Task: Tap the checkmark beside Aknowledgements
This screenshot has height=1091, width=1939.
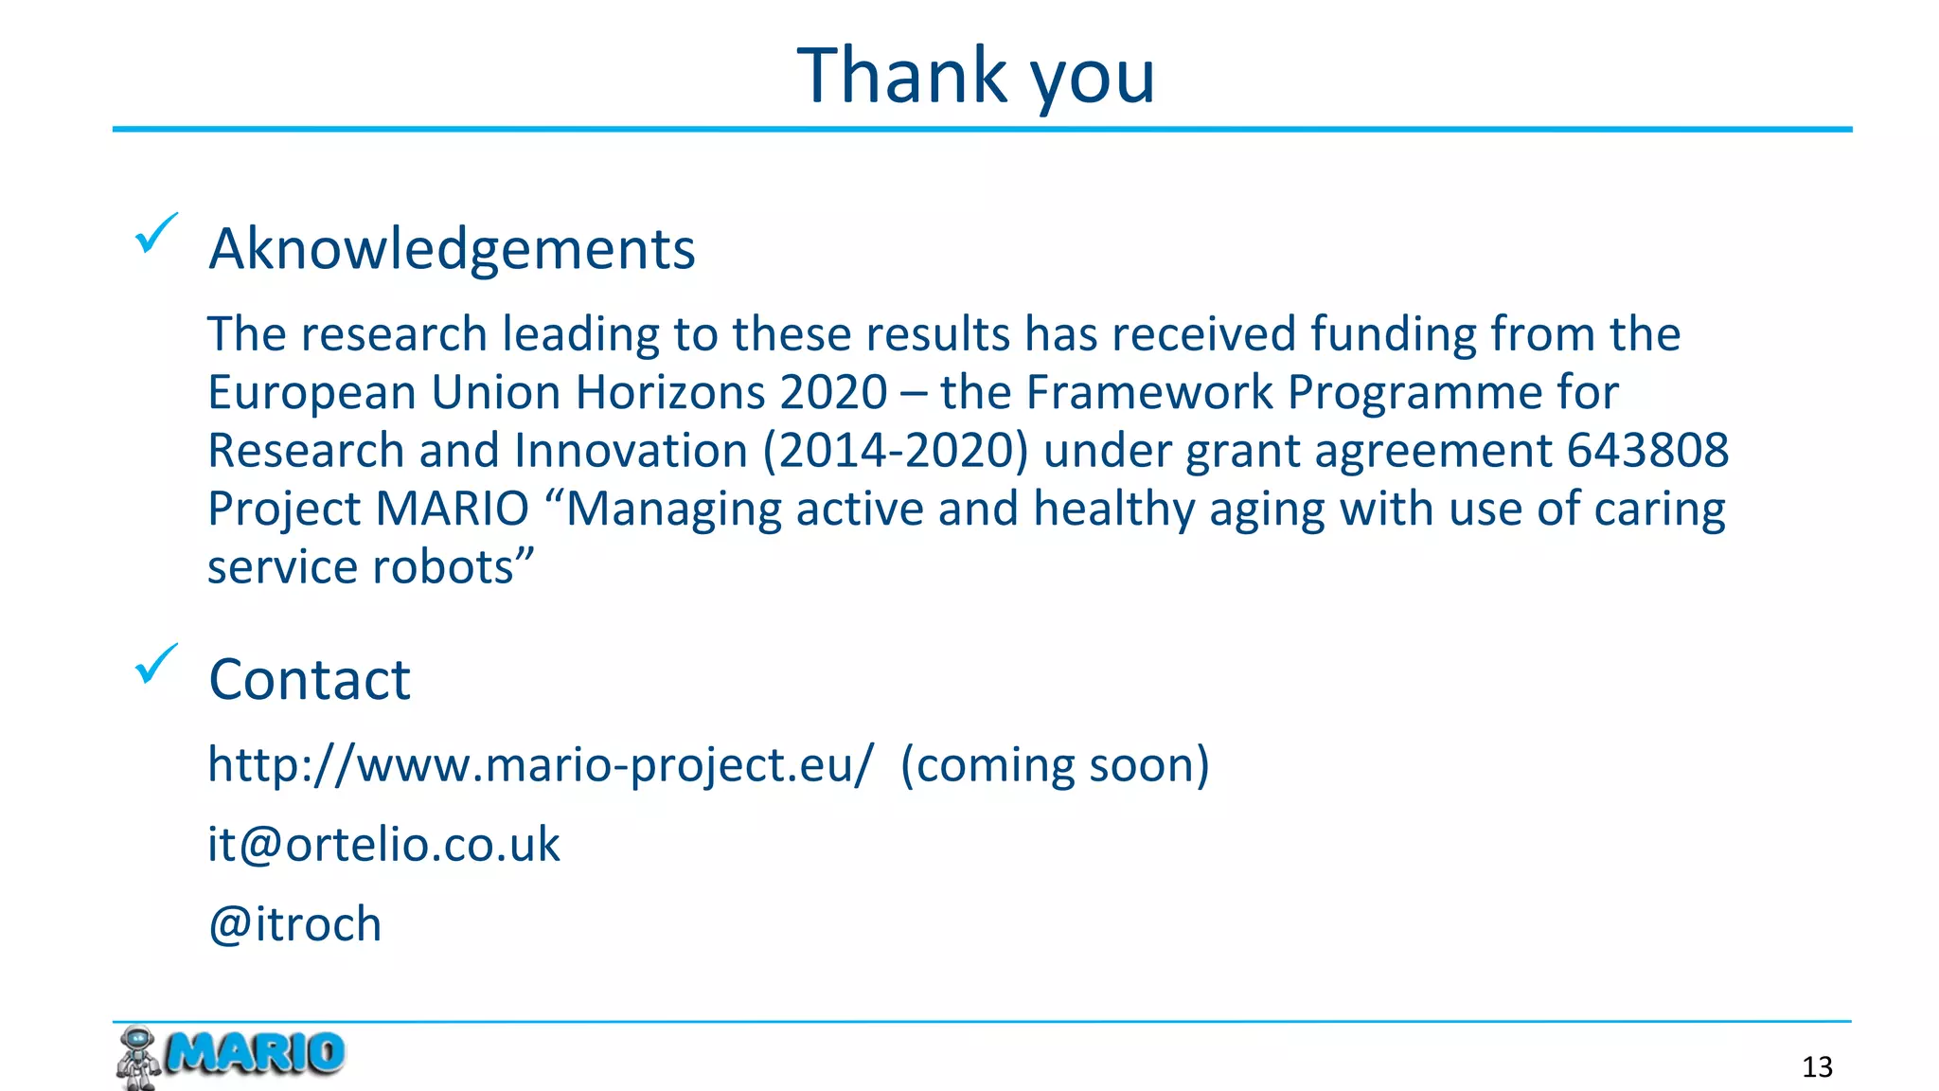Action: point(155,233)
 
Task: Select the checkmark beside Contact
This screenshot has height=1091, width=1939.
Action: point(155,664)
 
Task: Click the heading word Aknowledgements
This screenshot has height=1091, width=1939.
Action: point(452,249)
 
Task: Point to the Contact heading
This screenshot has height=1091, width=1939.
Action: point(310,680)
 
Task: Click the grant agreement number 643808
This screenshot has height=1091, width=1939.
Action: point(1647,450)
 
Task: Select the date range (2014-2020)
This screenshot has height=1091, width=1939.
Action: point(896,450)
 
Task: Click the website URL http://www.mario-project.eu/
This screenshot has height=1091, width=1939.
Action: point(541,764)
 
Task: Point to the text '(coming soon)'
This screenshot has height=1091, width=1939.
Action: point(1055,764)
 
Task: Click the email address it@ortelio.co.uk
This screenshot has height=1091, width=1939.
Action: point(383,844)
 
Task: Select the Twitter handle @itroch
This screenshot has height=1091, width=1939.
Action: point(294,923)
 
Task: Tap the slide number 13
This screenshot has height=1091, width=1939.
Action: point(1817,1067)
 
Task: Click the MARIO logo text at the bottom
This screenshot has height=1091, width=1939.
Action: point(256,1053)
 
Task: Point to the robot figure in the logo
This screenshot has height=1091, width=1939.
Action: point(138,1057)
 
